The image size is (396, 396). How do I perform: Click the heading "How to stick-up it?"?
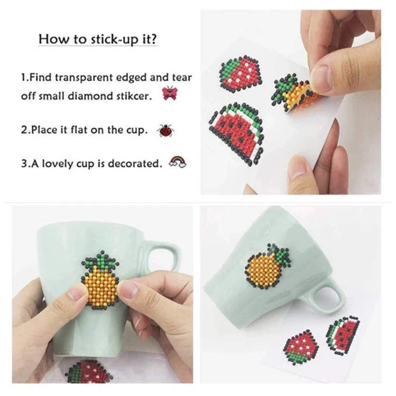[98, 39]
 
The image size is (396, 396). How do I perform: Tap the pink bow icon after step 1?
[169, 93]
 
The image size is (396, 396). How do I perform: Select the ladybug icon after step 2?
[166, 130]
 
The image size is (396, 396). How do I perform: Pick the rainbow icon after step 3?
[178, 162]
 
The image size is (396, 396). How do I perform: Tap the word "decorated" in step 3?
[135, 164]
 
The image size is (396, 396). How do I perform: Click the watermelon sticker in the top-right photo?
[235, 132]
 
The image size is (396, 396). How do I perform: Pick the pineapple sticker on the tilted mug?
[267, 266]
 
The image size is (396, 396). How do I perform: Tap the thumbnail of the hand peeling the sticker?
[291, 102]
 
